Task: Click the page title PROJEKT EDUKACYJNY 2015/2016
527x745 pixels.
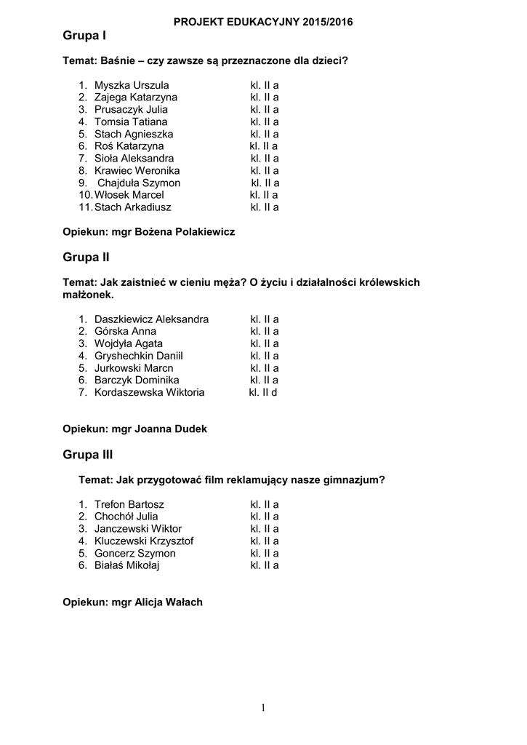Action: click(x=263, y=23)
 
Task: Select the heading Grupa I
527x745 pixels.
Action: click(x=84, y=36)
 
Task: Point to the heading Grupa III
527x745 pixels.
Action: click(x=88, y=455)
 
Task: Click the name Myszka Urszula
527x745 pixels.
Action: click(x=132, y=85)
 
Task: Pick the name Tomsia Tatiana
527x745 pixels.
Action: click(x=131, y=121)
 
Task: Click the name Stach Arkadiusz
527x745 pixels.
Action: click(x=133, y=207)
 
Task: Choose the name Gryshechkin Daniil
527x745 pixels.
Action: click(x=138, y=356)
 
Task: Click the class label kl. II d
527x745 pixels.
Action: click(x=263, y=393)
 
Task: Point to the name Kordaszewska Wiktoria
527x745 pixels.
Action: click(x=150, y=393)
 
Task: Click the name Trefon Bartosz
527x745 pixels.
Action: click(x=129, y=504)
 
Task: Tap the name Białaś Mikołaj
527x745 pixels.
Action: click(x=126, y=565)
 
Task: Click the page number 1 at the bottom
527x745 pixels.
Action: click(x=263, y=709)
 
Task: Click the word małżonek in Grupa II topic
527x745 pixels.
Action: click(x=88, y=295)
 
